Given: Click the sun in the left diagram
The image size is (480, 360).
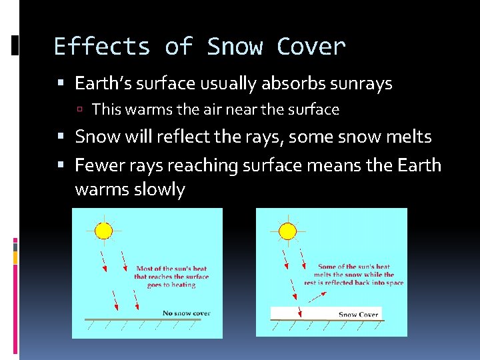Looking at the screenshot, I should [103, 231].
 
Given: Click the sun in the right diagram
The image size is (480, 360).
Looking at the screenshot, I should [287, 231].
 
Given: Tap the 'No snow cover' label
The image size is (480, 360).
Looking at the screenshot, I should [186, 313].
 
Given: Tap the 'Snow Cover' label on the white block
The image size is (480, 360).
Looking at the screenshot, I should [358, 315].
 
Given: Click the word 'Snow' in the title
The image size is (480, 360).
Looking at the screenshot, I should [235, 47].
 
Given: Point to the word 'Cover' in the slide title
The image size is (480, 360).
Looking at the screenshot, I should [311, 47].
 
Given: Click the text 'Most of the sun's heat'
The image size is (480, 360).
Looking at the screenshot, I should [172, 269].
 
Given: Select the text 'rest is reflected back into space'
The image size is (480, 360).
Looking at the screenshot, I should [354, 283].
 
